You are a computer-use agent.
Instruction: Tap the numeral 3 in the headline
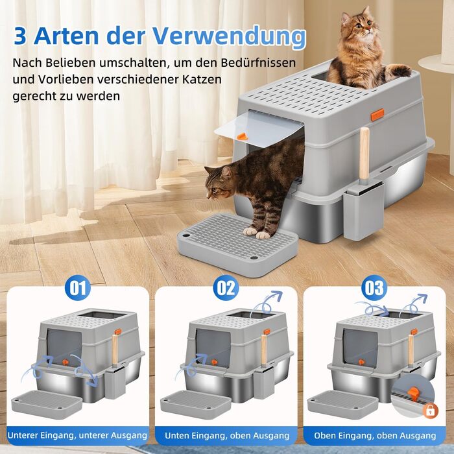19,36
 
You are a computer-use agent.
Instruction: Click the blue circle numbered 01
78,287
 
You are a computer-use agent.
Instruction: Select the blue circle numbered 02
226,287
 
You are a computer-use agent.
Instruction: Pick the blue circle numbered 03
374,287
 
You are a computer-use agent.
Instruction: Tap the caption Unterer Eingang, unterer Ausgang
78,435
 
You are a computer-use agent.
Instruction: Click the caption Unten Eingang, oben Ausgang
227,435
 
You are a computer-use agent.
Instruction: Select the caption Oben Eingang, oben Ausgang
375,435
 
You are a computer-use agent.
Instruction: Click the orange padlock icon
431,411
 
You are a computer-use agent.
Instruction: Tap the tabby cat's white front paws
256,233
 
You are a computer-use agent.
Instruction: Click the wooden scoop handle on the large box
364,154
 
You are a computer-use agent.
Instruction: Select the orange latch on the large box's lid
377,115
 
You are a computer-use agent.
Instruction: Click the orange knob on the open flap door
242,136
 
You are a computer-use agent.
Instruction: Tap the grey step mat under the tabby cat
237,244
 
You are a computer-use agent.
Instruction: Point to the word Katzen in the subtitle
202,79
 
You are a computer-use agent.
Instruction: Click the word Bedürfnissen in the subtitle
258,62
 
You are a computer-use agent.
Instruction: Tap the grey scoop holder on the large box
363,208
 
